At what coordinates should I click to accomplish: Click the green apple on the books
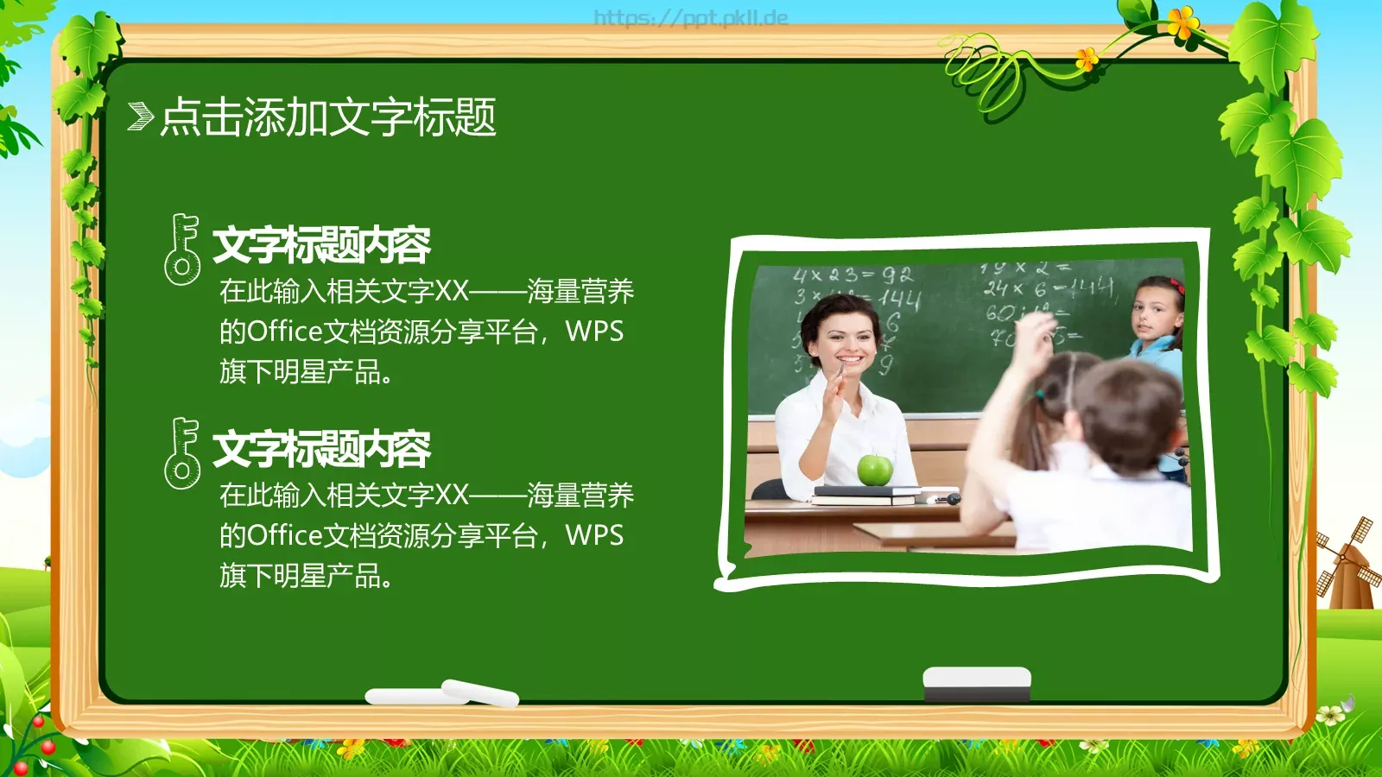874,470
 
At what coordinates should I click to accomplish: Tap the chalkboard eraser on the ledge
977,683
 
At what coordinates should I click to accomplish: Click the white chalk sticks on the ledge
442,693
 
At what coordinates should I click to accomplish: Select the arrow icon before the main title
140,116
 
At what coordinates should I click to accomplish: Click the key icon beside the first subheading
181,250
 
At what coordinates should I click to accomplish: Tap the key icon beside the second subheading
181,452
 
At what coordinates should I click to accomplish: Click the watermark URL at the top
691,17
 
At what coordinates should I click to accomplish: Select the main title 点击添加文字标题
328,117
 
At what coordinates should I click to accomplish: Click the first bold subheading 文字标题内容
321,245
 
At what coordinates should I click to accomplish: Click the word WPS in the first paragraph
594,332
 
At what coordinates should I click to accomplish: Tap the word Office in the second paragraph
285,535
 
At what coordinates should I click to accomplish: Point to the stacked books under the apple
866,495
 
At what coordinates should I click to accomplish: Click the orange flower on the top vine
1182,21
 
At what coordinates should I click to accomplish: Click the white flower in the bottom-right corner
1331,715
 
